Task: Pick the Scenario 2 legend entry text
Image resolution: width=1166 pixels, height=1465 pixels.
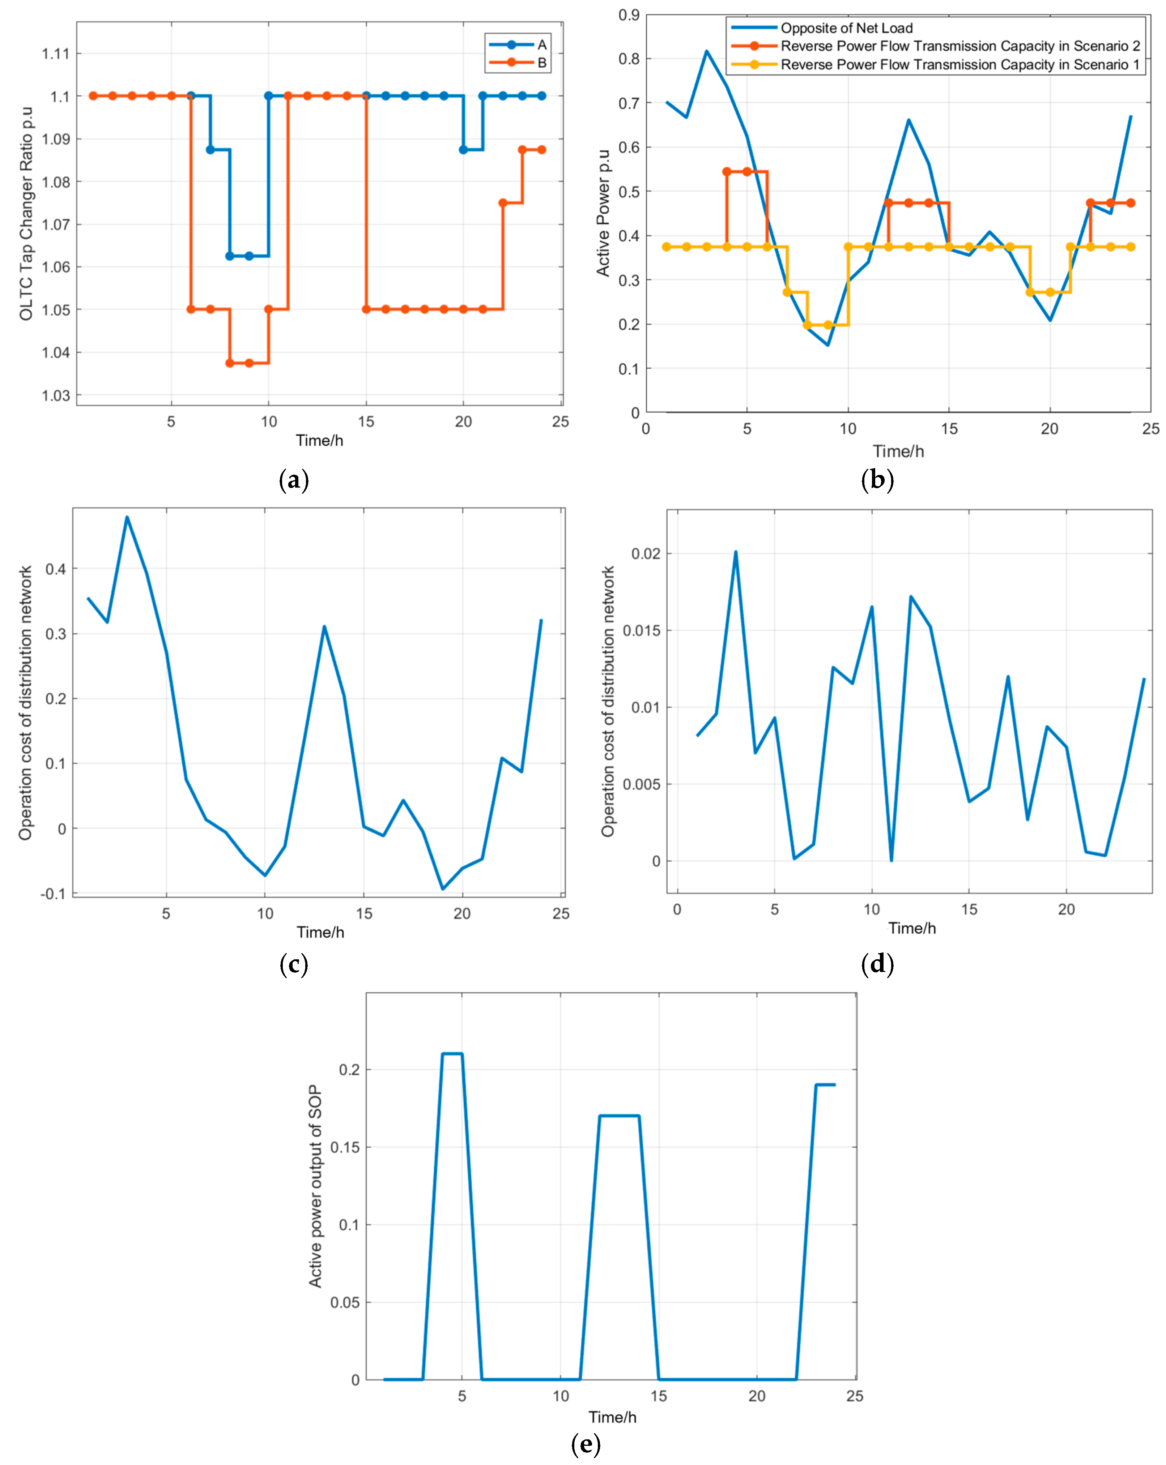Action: coord(959,46)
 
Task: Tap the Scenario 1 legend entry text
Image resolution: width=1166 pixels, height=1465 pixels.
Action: coord(959,65)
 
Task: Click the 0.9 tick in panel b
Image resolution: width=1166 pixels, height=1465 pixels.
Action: coord(629,15)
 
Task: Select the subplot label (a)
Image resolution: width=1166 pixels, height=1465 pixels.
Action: coord(294,480)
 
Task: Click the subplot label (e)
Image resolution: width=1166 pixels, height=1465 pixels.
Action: coord(586,1443)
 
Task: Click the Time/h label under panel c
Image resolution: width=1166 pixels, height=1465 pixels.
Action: coord(320,932)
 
